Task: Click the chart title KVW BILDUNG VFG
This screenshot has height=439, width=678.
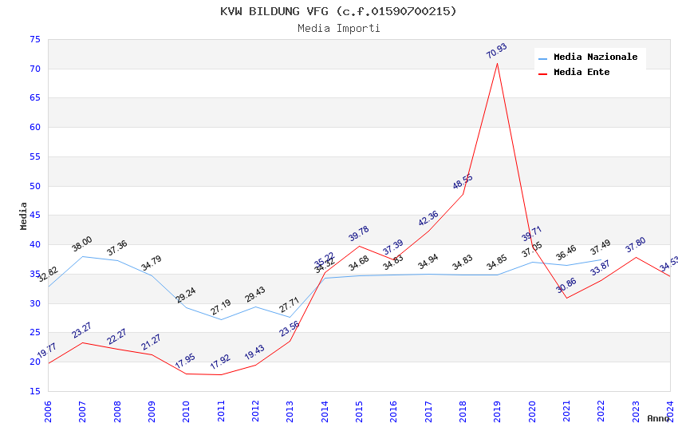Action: [338, 11]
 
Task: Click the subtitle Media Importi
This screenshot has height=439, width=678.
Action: [338, 28]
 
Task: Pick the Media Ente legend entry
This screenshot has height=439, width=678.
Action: [581, 73]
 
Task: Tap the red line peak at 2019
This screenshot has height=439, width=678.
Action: [497, 63]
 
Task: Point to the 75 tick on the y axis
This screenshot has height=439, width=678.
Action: [34, 39]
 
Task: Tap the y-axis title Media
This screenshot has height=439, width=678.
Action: [24, 216]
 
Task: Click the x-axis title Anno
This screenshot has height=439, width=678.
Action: [658, 418]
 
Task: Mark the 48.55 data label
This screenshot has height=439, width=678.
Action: [463, 182]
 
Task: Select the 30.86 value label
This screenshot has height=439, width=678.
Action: [566, 286]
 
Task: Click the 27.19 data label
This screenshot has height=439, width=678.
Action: [220, 307]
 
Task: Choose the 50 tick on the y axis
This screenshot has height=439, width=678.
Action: [34, 186]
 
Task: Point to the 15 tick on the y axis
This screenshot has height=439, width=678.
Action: [34, 391]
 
